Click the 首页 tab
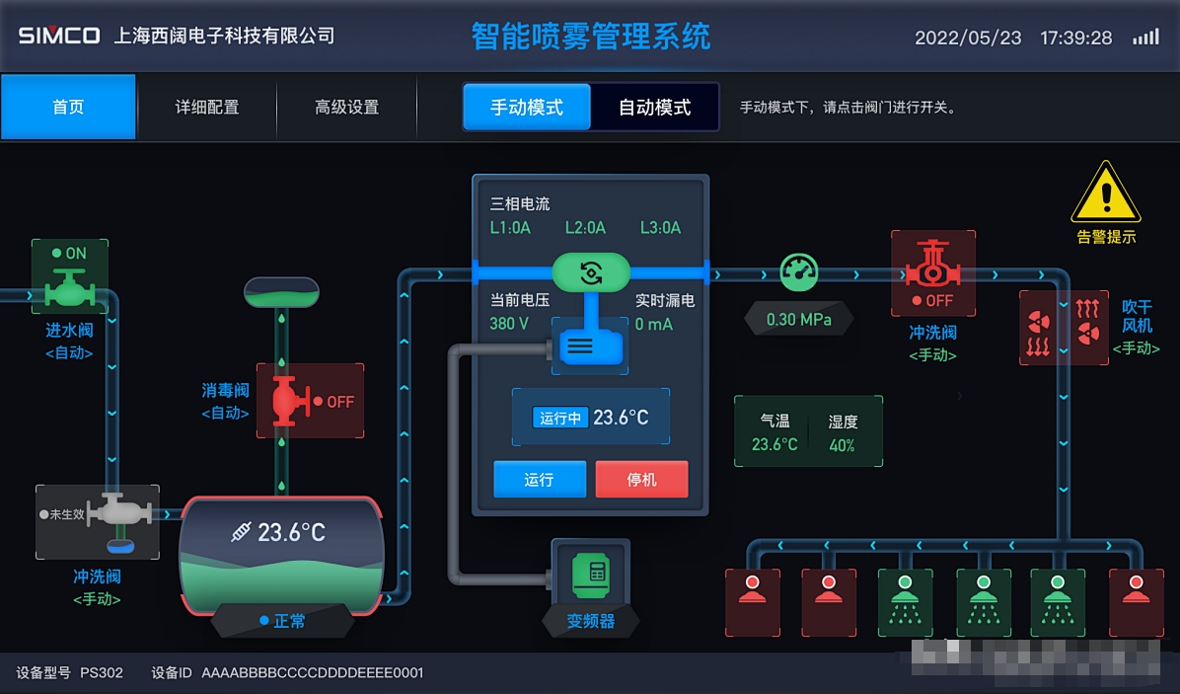(x=68, y=108)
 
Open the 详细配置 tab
(x=207, y=108)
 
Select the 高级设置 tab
(x=346, y=108)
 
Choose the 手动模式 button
(x=527, y=108)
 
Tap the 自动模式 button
(x=654, y=108)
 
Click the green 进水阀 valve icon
(x=69, y=289)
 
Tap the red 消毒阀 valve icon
(x=284, y=400)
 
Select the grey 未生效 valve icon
(x=118, y=513)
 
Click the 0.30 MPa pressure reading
(x=799, y=320)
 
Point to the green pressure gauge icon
(x=799, y=271)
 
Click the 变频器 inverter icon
(x=591, y=572)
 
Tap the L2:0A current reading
(x=585, y=228)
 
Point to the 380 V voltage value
(x=509, y=324)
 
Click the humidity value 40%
(x=842, y=445)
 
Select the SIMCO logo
(x=59, y=37)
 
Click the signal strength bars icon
(x=1145, y=38)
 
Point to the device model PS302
(x=102, y=673)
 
